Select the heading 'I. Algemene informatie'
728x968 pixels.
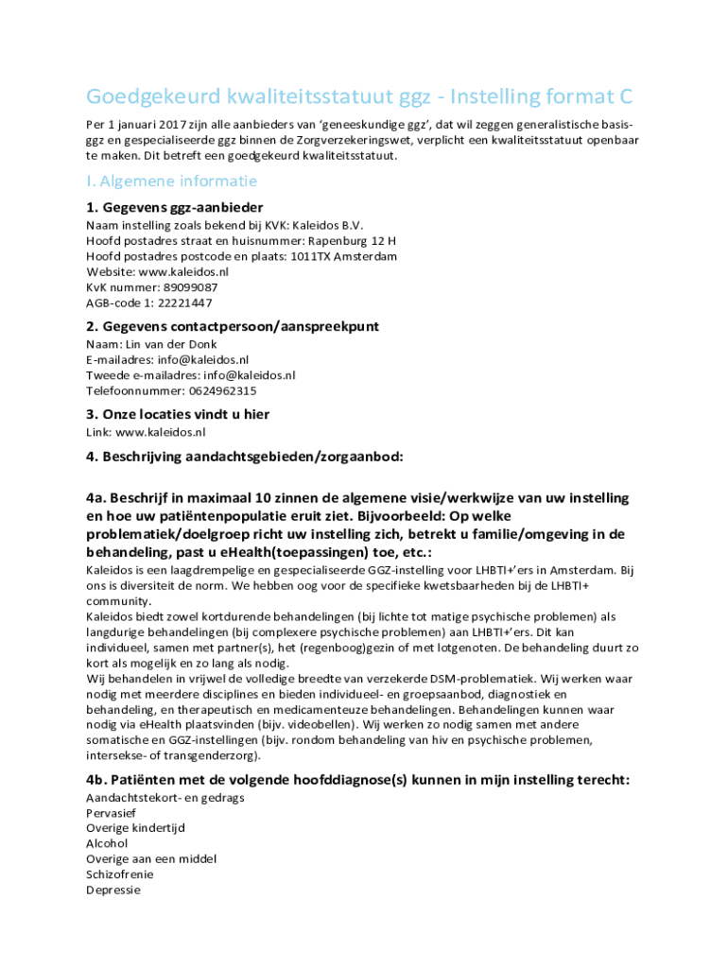point(171,181)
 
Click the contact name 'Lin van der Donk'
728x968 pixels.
point(171,344)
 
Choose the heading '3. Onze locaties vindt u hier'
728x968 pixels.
point(178,414)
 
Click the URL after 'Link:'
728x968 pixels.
point(160,432)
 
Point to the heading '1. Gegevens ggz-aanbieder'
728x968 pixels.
point(174,207)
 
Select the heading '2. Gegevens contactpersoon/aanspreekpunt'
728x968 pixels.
point(232,326)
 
